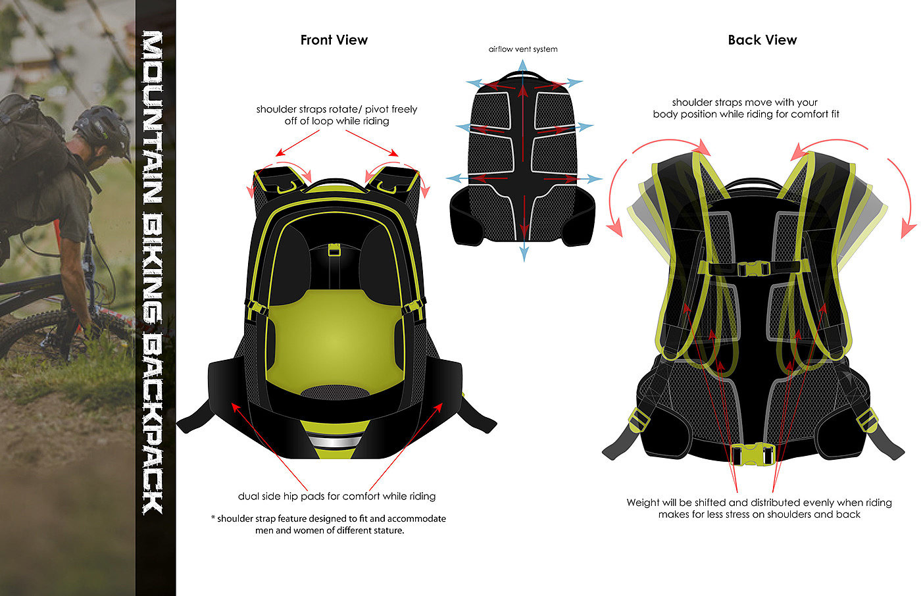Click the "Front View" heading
(x=334, y=40)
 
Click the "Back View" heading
(x=762, y=40)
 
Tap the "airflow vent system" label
(x=523, y=49)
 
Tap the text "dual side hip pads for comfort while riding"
(x=336, y=496)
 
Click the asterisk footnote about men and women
(x=329, y=524)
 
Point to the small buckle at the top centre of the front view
(x=334, y=250)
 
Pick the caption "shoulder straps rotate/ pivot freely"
(x=336, y=109)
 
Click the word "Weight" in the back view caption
(x=643, y=503)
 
